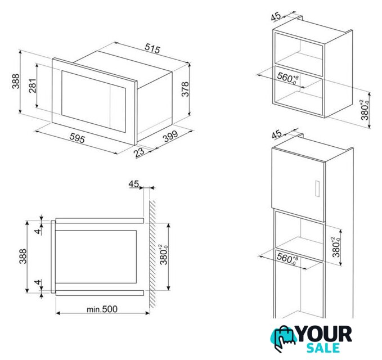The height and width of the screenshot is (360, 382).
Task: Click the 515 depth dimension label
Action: tap(152, 48)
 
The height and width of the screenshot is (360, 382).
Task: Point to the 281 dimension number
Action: tap(33, 85)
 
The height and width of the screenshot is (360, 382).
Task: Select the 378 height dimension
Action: tap(186, 89)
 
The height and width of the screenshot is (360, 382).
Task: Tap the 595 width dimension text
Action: tap(77, 138)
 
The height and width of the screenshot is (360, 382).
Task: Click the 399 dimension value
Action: tap(170, 136)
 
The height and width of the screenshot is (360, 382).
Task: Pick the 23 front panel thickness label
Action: tap(139, 152)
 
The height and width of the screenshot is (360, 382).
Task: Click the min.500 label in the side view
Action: tap(102, 309)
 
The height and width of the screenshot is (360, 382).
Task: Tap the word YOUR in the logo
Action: tap(324, 334)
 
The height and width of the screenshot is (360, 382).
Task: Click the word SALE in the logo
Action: tap(323, 348)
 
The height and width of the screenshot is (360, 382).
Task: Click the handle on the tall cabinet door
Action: tap(317, 188)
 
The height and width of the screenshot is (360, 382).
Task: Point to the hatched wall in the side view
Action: tap(152, 254)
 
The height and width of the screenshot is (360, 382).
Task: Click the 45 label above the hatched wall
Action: tap(134, 184)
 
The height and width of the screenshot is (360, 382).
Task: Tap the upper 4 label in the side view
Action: tap(38, 231)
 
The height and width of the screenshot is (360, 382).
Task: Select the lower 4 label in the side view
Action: tap(38, 282)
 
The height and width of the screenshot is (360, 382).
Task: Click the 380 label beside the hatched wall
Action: tap(164, 255)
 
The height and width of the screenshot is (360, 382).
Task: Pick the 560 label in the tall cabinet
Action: tap(287, 259)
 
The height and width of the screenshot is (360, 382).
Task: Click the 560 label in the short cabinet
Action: tap(288, 78)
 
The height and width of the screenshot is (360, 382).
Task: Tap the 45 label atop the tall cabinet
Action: tap(277, 134)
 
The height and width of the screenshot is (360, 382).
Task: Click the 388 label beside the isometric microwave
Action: tap(16, 81)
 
